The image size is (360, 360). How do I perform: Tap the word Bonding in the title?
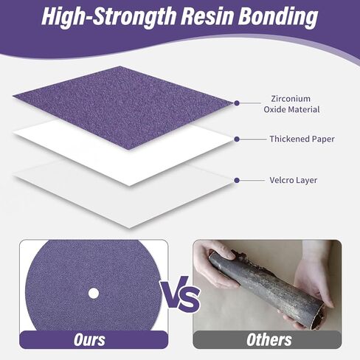[278, 18]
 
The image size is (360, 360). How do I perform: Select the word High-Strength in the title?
[109, 18]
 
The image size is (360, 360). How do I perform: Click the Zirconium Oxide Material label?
[291, 104]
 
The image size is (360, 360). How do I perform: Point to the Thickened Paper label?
[302, 139]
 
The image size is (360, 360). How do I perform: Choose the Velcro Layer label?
[293, 180]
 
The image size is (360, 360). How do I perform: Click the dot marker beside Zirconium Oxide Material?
[237, 103]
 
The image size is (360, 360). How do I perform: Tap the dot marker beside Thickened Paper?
[237, 139]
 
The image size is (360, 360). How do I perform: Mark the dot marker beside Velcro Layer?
[237, 181]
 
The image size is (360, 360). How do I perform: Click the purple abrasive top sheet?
[123, 107]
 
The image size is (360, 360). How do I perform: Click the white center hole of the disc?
[94, 294]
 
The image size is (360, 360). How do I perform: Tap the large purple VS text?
[180, 294]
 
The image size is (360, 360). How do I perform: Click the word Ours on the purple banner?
[89, 340]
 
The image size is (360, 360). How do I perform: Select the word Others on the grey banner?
[269, 340]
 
